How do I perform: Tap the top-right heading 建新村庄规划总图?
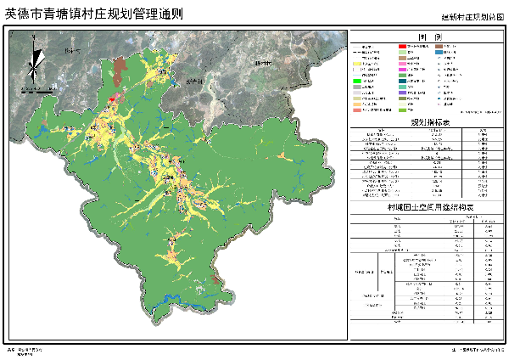[x=473, y=17]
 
